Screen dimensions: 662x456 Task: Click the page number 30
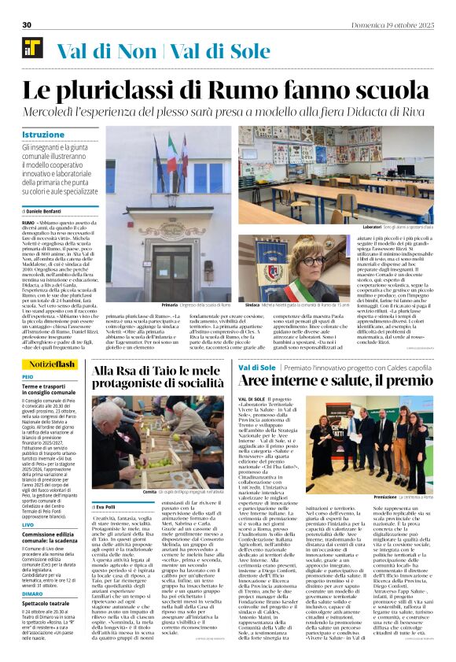point(27,24)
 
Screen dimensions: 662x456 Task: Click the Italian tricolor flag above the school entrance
point(172,153)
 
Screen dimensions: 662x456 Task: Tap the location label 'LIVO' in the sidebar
point(28,524)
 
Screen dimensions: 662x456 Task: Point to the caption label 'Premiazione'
point(386,497)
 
